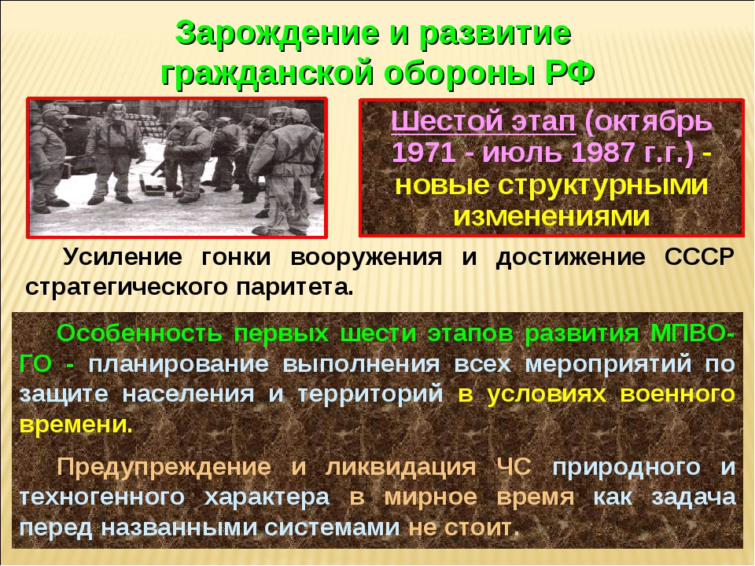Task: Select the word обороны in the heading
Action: (459, 74)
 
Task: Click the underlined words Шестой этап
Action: (483, 122)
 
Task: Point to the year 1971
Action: (424, 153)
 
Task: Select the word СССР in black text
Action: (699, 257)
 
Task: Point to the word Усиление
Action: (123, 258)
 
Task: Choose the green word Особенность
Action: (140, 333)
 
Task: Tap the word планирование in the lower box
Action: (179, 364)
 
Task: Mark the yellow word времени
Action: (75, 425)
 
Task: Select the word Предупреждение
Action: (164, 467)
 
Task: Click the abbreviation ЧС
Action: (514, 467)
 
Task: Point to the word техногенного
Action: (102, 498)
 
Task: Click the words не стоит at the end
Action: (464, 528)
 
